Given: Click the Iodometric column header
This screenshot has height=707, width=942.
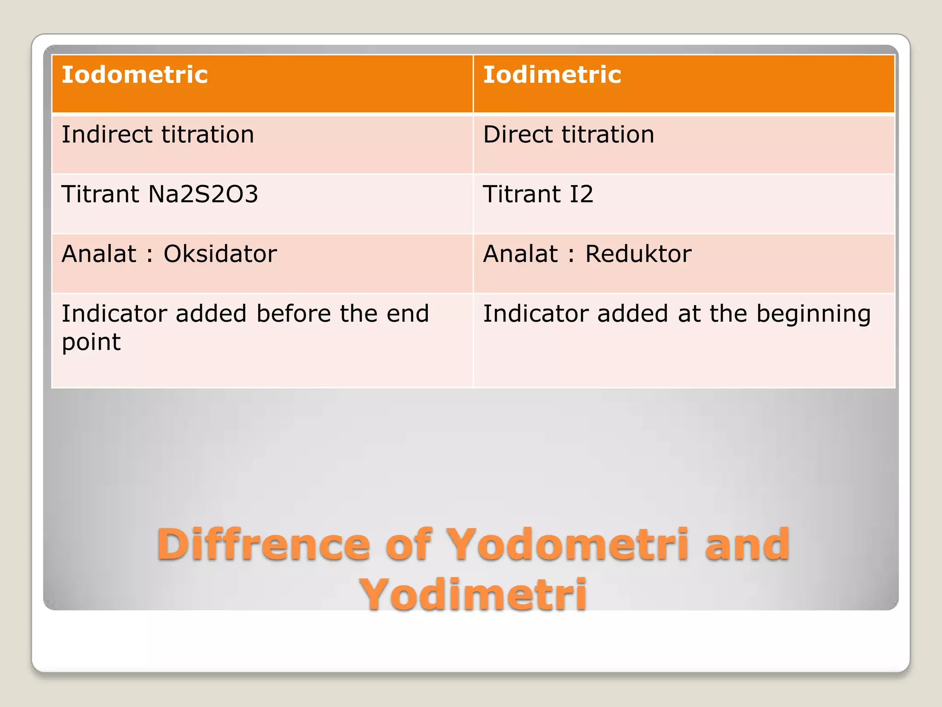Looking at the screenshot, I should pyautogui.click(x=134, y=75).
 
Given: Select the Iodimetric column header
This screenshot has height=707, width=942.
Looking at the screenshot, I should pyautogui.click(x=551, y=75).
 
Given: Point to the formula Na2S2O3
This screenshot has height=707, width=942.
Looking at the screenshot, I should pyautogui.click(x=203, y=194).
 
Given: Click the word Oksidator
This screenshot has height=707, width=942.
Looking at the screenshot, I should pyautogui.click(x=220, y=254).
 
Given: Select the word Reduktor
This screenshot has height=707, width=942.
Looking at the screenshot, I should pyautogui.click(x=638, y=254).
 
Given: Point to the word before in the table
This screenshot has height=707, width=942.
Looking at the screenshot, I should pyautogui.click(x=293, y=313).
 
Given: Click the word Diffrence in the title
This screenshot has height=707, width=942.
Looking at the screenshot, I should pyautogui.click(x=263, y=544).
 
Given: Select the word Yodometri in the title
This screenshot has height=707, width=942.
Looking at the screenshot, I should pyautogui.click(x=568, y=544).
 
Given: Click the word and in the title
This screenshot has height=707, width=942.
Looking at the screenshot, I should pyautogui.click(x=747, y=544).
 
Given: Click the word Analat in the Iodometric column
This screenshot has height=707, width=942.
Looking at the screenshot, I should pyautogui.click(x=99, y=254).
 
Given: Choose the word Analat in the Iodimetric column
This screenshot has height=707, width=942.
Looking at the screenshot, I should pyautogui.click(x=520, y=254).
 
